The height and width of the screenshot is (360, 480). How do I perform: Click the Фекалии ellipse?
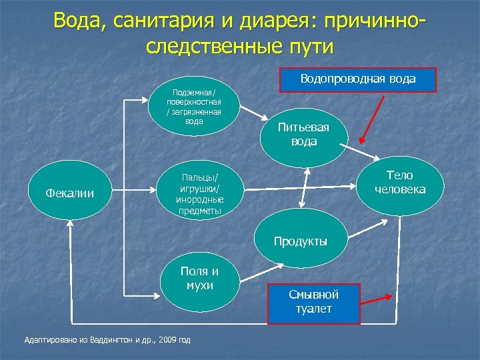[x=69, y=193]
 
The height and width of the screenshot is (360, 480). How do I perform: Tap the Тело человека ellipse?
[x=399, y=183]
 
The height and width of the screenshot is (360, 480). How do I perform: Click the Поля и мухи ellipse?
[x=199, y=278]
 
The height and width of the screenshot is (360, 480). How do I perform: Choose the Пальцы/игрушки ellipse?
[x=199, y=193]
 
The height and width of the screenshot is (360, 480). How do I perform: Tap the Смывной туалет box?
[x=313, y=301]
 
